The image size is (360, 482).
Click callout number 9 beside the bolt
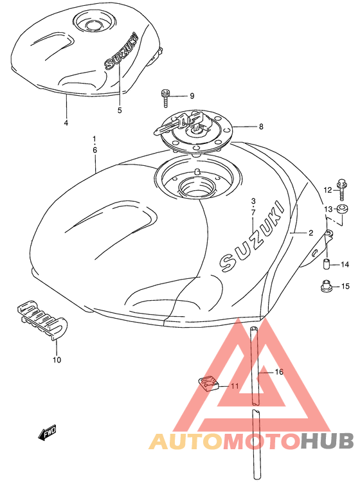pyautogui.click(x=192, y=96)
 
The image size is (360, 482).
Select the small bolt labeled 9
pyautogui.click(x=165, y=98)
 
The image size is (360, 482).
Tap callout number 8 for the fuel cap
pyautogui.click(x=261, y=127)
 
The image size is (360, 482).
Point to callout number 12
pyautogui.click(x=328, y=190)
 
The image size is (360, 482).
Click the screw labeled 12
pyautogui.click(x=342, y=189)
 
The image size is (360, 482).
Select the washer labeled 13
pyautogui.click(x=343, y=210)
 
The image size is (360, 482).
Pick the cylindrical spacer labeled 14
pyautogui.click(x=326, y=264)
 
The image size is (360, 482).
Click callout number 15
pyautogui.click(x=346, y=286)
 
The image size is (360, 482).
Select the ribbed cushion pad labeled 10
pyautogui.click(x=42, y=320)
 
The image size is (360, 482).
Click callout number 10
pyautogui.click(x=57, y=360)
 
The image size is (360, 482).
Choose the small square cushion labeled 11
pyautogui.click(x=208, y=383)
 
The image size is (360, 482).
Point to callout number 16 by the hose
pyautogui.click(x=279, y=372)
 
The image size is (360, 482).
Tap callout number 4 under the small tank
pyautogui.click(x=66, y=123)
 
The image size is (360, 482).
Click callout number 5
pyautogui.click(x=120, y=110)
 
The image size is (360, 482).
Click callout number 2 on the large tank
pyautogui.click(x=310, y=233)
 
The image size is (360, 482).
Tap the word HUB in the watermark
pyautogui.click(x=327, y=441)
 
